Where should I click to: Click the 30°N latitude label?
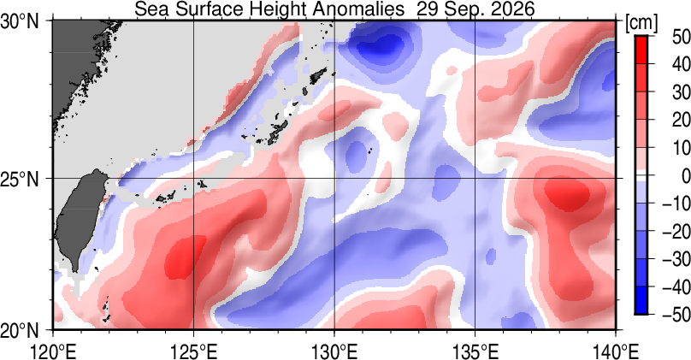[x=20, y=21]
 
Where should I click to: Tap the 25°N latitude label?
[x=20, y=180]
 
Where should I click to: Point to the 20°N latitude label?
[x=20, y=330]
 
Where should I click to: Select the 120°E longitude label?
[x=53, y=351]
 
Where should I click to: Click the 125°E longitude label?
[x=194, y=351]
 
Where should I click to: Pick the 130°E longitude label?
[x=334, y=351]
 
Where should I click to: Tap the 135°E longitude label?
[x=475, y=351]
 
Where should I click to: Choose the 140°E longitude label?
[x=616, y=351]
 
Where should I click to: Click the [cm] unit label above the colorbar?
[x=641, y=22]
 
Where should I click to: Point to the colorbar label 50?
[x=681, y=37]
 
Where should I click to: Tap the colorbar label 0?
[x=685, y=176]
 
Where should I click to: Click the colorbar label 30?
[x=681, y=92]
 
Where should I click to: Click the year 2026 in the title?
[x=510, y=9]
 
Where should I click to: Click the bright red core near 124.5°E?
[x=184, y=257]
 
